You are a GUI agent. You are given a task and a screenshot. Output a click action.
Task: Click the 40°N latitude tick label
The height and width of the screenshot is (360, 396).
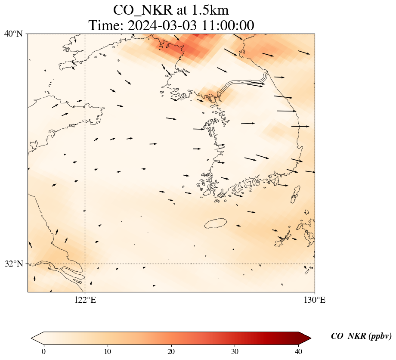point(14,34)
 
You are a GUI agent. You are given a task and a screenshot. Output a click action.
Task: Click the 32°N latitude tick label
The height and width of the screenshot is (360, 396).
point(14,264)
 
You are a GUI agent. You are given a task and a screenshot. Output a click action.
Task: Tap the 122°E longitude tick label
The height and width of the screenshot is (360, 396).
point(85,300)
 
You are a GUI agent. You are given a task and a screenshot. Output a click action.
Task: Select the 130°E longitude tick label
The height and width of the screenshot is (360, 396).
point(315,300)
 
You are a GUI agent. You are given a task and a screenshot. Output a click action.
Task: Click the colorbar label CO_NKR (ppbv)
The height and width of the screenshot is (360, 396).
point(361,336)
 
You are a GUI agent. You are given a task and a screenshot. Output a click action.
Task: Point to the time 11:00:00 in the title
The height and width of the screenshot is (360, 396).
point(226,25)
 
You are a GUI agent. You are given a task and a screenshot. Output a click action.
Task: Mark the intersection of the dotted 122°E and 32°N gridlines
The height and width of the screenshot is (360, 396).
point(85,264)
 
